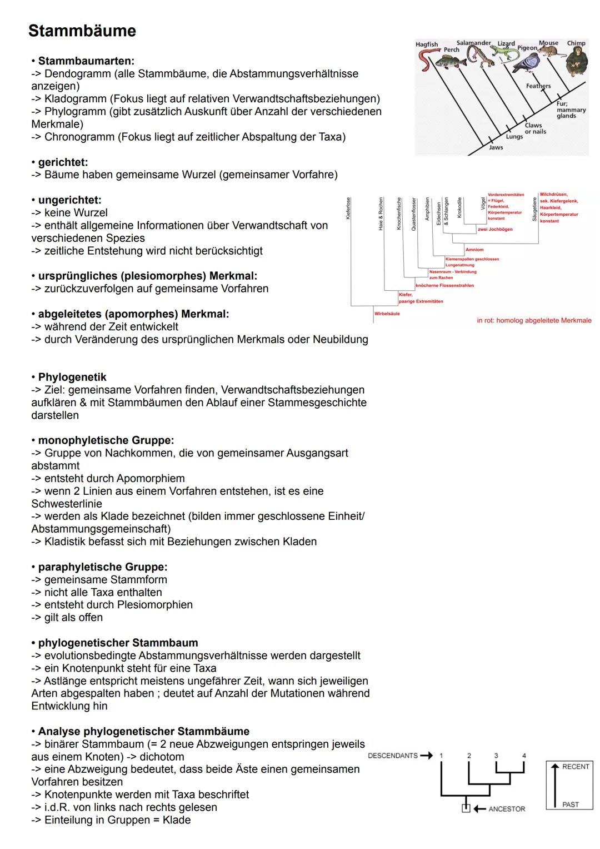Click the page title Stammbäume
[x=82, y=31]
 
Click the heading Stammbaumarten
[x=86, y=61]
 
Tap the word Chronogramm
[x=79, y=137]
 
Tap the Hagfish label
[x=427, y=44]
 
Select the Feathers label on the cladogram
[x=538, y=86]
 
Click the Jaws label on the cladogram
[x=496, y=147]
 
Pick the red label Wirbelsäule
[x=387, y=314]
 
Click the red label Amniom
[x=474, y=250]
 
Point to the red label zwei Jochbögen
[x=495, y=229]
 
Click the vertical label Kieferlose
[x=348, y=208]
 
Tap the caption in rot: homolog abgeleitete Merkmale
[x=534, y=321]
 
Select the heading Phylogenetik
[x=72, y=377]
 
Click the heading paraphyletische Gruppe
[x=102, y=567]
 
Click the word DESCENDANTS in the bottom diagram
[x=393, y=756]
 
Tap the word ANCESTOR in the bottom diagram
[x=507, y=809]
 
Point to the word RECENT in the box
[x=576, y=767]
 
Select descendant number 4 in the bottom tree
[x=524, y=756]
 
